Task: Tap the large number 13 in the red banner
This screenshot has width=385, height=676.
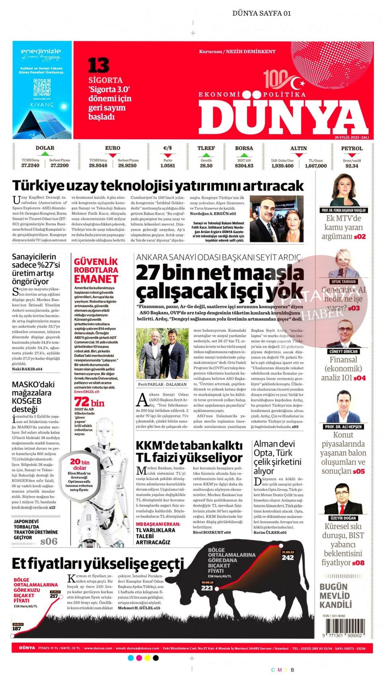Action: click(x=98, y=66)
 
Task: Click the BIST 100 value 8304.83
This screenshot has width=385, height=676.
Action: click(x=244, y=166)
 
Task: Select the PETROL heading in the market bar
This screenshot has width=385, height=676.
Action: click(x=352, y=148)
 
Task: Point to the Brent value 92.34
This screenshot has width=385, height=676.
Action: click(x=352, y=166)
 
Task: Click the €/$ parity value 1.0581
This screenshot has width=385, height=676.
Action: click(x=167, y=166)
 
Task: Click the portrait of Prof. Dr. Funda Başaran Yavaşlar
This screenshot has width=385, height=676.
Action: click(x=344, y=190)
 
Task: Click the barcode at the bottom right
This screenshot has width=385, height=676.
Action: click(x=342, y=628)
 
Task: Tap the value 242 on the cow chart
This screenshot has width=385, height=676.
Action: click(x=288, y=558)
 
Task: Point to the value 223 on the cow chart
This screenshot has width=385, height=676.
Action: click(x=207, y=588)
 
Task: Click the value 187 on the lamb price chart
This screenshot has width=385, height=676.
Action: click(x=17, y=629)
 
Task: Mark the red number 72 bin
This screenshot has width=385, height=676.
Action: click(x=89, y=402)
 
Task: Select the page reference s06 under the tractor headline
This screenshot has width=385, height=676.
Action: click(x=49, y=541)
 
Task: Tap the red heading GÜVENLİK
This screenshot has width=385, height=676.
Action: click(x=96, y=262)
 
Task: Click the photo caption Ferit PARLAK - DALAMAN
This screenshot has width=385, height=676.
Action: click(x=162, y=385)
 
